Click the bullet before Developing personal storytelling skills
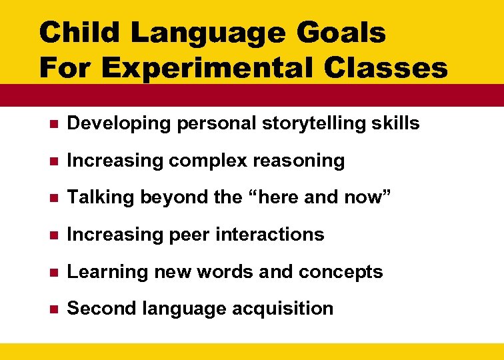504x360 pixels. pos(53,124)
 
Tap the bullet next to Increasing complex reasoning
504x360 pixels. pos(53,161)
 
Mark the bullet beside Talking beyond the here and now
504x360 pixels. pos(53,198)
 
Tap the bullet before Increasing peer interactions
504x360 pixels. pos(53,235)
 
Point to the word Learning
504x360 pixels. pos(102,272)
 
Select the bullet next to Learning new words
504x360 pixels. pos(53,273)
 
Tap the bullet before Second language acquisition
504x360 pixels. pos(53,309)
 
